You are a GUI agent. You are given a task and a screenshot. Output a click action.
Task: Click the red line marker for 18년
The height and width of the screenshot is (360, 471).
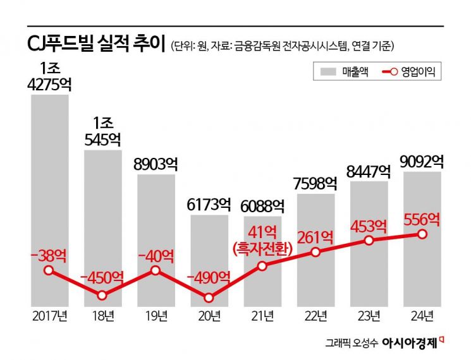point(102,295)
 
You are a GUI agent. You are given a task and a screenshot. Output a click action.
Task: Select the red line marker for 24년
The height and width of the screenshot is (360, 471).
point(422,234)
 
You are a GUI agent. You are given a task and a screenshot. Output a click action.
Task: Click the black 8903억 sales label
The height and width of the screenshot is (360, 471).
point(156,164)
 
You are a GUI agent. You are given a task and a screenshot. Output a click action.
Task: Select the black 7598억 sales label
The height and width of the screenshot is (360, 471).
point(315,183)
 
